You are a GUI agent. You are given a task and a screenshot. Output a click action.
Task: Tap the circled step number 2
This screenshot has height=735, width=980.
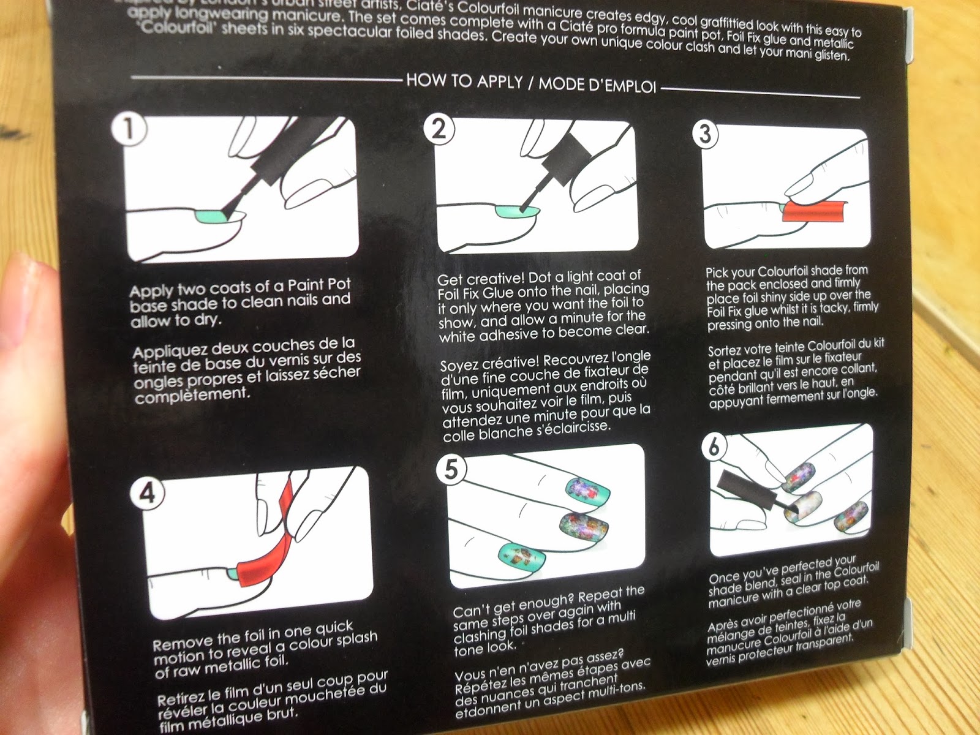click(x=439, y=130)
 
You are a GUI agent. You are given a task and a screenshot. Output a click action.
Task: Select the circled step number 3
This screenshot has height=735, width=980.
click(x=706, y=134)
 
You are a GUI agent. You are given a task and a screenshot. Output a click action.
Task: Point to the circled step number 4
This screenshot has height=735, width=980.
click(x=147, y=492)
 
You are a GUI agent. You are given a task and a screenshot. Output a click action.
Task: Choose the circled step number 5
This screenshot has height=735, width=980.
click(x=451, y=469)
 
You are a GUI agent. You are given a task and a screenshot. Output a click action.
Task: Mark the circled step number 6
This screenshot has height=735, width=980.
click(x=714, y=447)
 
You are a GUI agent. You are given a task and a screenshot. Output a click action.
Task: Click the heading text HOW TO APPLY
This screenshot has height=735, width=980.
click(x=464, y=81)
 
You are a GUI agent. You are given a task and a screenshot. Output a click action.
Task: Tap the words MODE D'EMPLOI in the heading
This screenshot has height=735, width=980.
click(x=597, y=85)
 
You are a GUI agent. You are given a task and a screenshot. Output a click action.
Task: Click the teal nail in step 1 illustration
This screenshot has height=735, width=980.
click(x=208, y=216)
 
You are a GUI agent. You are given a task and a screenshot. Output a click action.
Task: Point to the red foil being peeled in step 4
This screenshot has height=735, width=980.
click(x=263, y=551)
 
